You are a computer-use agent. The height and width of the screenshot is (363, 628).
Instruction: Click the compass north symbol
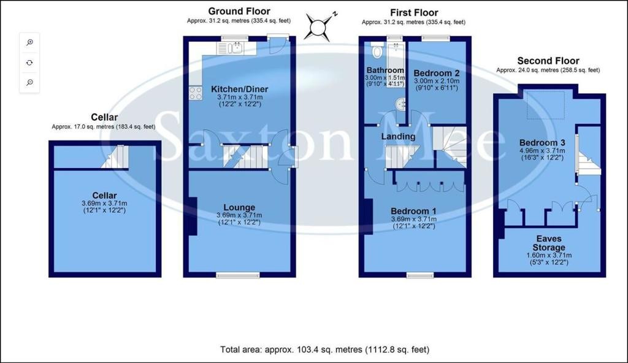click(x=319, y=27)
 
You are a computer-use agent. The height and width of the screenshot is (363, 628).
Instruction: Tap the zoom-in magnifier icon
click(x=29, y=42)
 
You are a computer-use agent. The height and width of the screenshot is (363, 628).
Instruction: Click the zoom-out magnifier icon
click(x=29, y=83)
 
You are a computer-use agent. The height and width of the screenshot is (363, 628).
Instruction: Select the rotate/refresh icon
click(x=29, y=63)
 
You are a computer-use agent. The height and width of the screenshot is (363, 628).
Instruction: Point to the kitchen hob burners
click(x=196, y=93)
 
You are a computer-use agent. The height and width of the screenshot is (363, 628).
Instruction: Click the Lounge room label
click(x=239, y=207)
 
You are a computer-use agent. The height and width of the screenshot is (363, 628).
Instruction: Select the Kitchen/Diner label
click(x=240, y=89)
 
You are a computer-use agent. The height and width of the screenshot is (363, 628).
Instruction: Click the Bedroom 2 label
click(x=437, y=73)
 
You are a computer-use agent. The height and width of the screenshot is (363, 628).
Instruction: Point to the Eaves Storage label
click(x=549, y=243)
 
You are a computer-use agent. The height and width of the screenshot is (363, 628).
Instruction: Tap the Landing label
click(x=398, y=137)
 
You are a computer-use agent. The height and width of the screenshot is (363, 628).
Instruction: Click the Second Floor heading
click(x=548, y=61)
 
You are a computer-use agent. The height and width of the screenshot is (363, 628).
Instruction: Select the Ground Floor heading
click(x=239, y=11)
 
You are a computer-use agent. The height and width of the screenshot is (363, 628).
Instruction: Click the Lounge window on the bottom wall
click(x=238, y=275)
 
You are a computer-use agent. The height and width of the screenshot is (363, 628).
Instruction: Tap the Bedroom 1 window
click(x=420, y=275)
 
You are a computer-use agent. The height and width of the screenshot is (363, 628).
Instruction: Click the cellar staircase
click(x=115, y=156)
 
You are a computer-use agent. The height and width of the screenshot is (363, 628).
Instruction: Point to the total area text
click(x=325, y=350)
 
